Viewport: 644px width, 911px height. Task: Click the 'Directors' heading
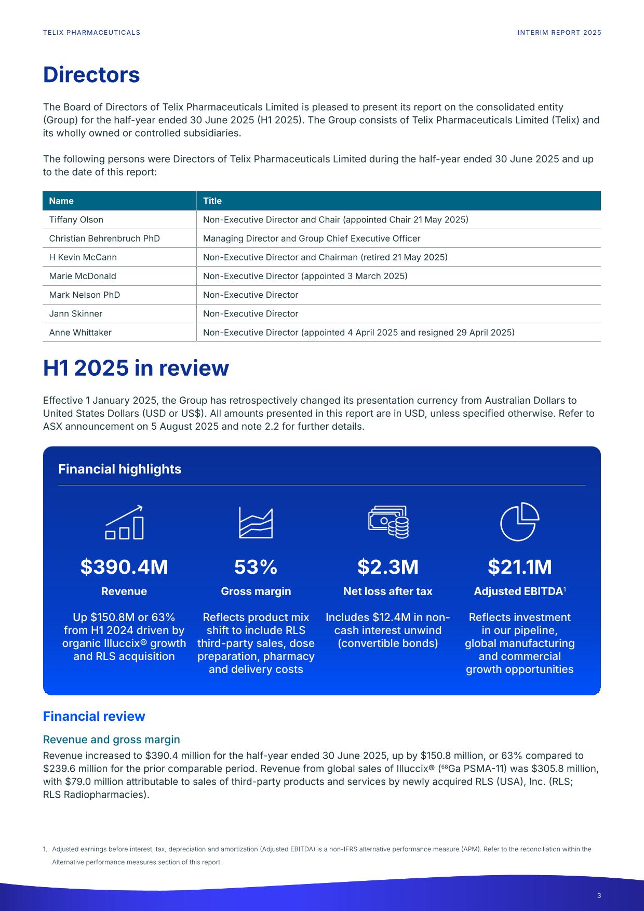[x=91, y=75]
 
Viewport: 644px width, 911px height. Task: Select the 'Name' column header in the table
[x=61, y=201]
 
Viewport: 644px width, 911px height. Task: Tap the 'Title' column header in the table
[x=212, y=201]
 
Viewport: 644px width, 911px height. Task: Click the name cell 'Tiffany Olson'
[x=76, y=220]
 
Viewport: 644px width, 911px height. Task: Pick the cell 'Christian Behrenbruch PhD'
[x=104, y=239]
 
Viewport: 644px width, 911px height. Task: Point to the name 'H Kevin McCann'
[x=83, y=257]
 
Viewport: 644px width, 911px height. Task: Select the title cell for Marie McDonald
[x=305, y=276]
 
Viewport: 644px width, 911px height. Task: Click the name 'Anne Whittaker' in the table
[x=81, y=333]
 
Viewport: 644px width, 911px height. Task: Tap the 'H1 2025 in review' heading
[x=136, y=368]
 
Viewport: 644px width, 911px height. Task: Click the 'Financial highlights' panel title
[x=120, y=469]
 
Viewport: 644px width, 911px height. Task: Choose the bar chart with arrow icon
[x=124, y=522]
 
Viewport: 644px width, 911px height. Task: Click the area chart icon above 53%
[x=256, y=522]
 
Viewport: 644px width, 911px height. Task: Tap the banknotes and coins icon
[x=388, y=522]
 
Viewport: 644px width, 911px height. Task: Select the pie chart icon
[x=519, y=522]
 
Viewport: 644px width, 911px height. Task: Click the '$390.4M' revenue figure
[x=124, y=567]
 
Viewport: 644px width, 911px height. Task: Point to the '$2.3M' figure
[x=388, y=567]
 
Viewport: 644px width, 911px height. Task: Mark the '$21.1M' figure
[x=519, y=567]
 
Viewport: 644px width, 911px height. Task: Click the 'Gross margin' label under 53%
[x=256, y=591]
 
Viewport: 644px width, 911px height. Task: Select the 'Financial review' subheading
[x=94, y=717]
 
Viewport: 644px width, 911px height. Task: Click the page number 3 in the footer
[x=599, y=895]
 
